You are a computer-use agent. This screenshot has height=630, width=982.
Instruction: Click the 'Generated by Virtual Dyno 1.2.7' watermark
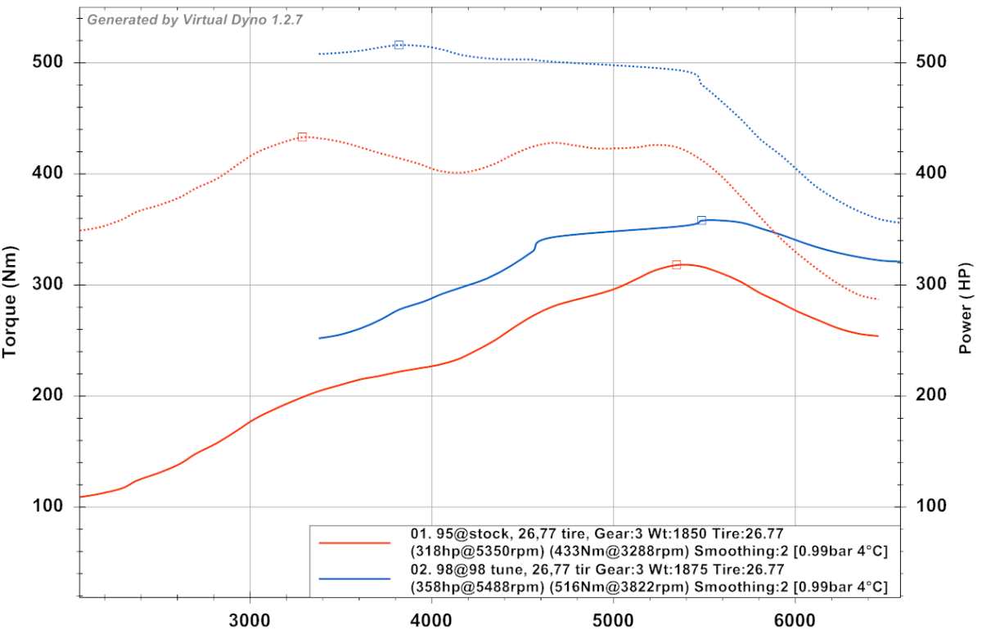click(x=195, y=20)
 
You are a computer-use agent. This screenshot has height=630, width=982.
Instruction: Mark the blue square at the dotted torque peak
click(x=399, y=45)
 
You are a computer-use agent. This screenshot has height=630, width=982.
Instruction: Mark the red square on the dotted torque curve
click(x=302, y=137)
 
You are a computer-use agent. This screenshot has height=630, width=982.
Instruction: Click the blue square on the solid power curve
click(x=701, y=220)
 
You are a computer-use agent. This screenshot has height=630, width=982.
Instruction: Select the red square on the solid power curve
click(x=676, y=264)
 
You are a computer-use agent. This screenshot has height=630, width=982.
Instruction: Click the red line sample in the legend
click(x=355, y=542)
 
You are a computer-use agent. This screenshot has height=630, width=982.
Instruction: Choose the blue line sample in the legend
click(x=355, y=578)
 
